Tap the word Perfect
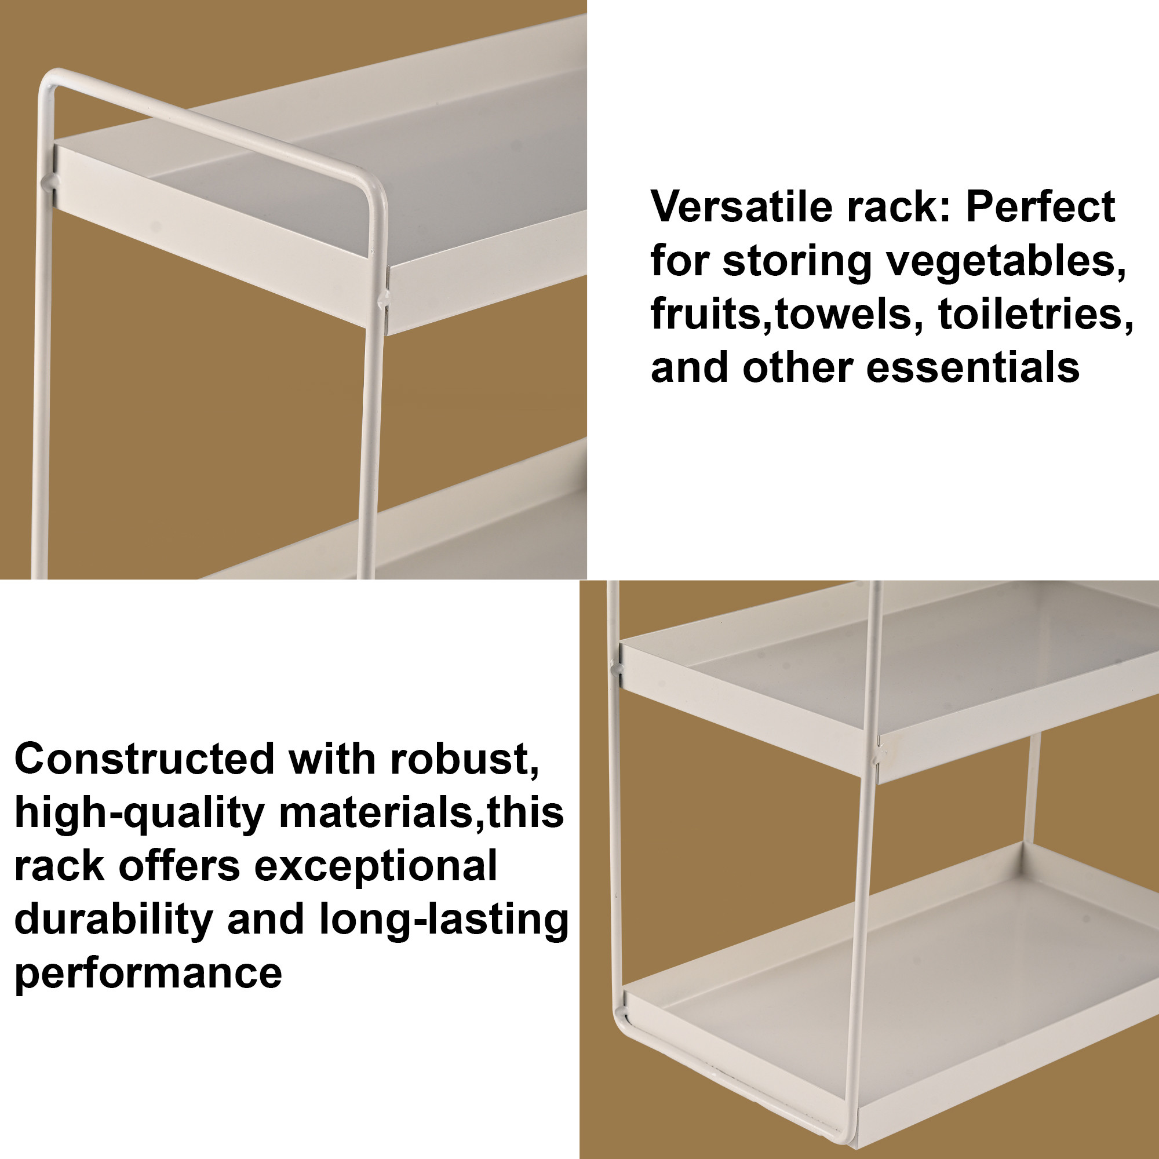(1040, 207)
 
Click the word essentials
(973, 367)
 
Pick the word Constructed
(144, 759)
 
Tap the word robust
(464, 759)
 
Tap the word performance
(148, 972)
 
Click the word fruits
(705, 314)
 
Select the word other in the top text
(797, 367)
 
